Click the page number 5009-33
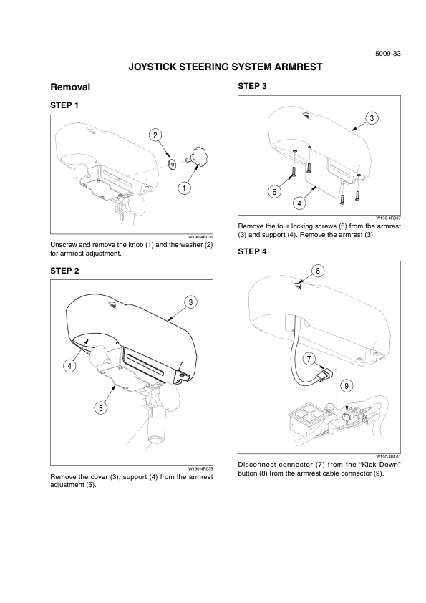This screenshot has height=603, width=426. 388,54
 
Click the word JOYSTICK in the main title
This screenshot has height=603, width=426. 153,67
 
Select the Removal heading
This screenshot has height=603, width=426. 70,87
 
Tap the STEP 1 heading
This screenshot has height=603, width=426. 64,105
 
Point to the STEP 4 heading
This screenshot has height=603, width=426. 252,251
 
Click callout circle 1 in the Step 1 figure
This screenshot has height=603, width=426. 184,188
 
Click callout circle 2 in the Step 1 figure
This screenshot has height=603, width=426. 155,135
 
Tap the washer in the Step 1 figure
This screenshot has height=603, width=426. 172,165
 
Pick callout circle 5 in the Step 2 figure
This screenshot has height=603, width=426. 101,408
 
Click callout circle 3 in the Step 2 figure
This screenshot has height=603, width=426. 190,302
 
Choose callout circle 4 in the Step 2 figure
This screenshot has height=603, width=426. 69,366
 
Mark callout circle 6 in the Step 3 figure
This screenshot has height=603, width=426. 274,191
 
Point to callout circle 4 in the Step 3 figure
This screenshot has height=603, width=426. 299,203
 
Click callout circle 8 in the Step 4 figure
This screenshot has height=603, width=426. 318,271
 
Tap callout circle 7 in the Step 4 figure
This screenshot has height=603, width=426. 309,360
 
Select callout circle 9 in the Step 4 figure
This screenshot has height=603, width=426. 347,386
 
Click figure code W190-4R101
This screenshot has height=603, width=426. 388,457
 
